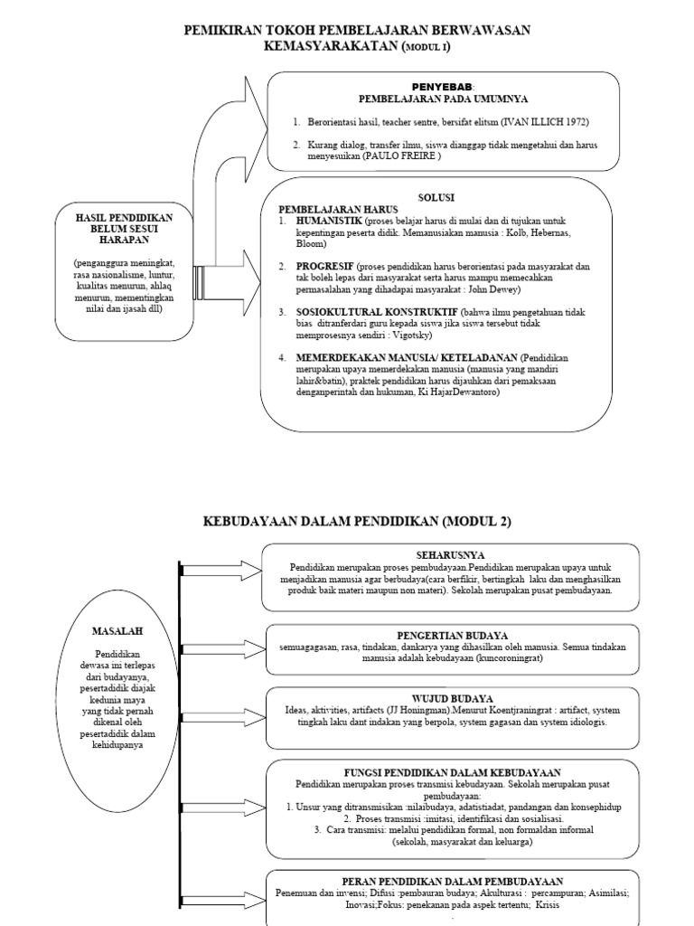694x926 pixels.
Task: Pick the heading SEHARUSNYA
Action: (449, 553)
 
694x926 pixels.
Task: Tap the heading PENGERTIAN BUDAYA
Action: (452, 635)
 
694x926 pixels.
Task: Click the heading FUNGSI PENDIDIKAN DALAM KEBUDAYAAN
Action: (452, 770)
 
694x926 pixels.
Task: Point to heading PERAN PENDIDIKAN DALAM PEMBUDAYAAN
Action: (452, 880)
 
